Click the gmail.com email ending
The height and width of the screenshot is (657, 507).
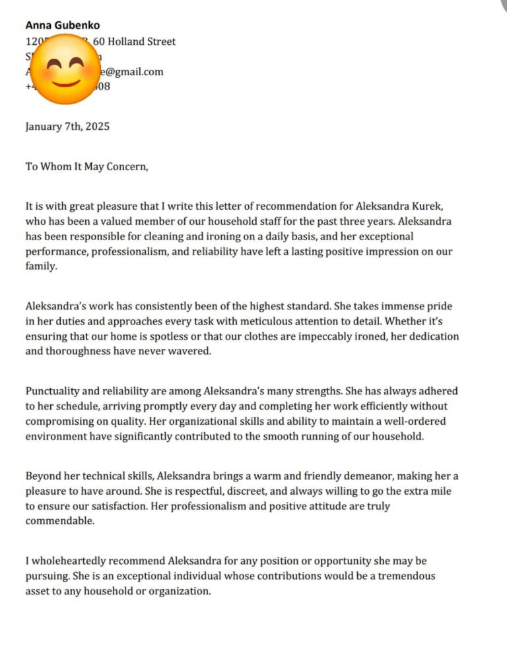click(x=136, y=71)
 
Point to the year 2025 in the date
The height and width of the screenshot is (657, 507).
click(x=96, y=126)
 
